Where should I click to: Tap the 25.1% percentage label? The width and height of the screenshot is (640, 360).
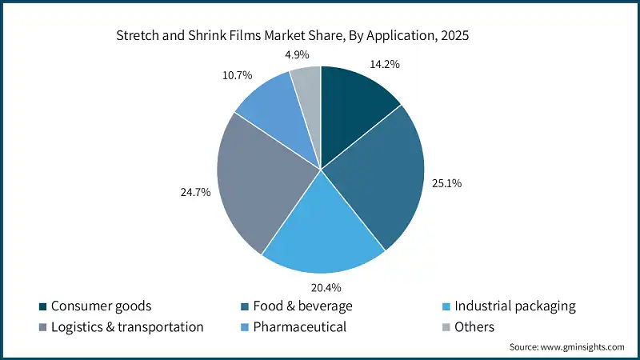tap(449, 184)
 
